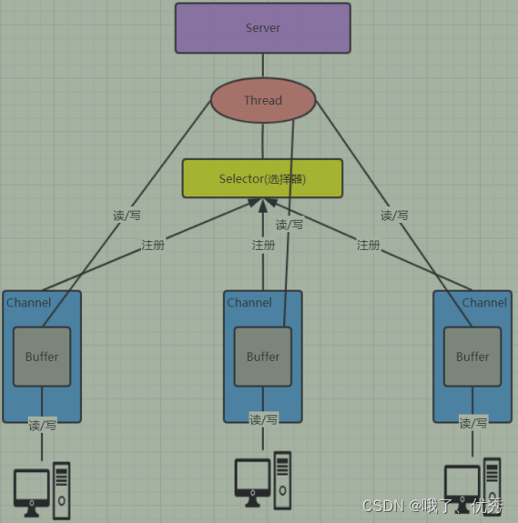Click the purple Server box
(x=262, y=28)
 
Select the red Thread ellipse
(x=263, y=100)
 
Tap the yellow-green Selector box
(x=262, y=178)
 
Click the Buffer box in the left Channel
(x=41, y=357)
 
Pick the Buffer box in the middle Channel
(x=263, y=357)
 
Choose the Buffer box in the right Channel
(x=472, y=357)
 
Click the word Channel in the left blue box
(x=29, y=302)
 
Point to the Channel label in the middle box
(x=249, y=302)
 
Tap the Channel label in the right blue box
(x=484, y=302)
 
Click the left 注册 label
(x=153, y=246)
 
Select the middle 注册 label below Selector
(x=263, y=246)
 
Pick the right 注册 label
(x=368, y=246)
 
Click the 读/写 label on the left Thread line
(x=126, y=216)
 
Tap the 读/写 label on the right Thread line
(x=394, y=216)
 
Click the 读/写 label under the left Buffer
(x=42, y=425)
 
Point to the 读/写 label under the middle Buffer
(x=264, y=418)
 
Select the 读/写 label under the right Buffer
(x=473, y=423)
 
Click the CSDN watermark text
(x=382, y=505)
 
